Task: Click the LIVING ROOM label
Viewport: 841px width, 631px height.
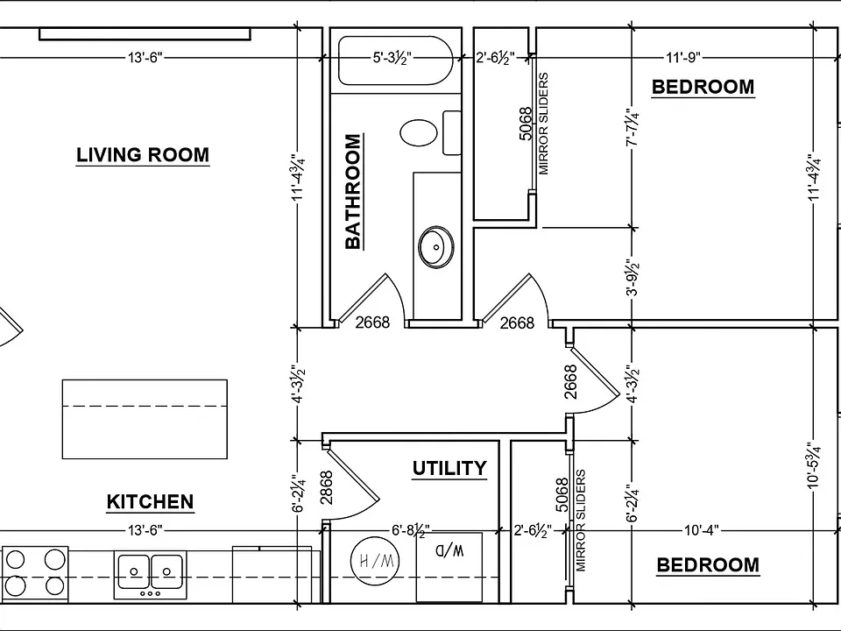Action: (x=143, y=155)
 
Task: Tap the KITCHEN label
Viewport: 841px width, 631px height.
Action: (x=150, y=501)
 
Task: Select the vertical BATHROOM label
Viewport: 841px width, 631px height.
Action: (x=353, y=192)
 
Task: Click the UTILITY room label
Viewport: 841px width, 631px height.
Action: (x=449, y=468)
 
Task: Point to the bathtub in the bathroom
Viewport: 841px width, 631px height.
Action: (x=396, y=60)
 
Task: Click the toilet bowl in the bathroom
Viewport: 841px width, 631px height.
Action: (x=419, y=132)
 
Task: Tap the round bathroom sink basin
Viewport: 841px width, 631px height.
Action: (x=436, y=247)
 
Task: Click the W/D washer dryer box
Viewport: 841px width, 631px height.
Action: (x=449, y=567)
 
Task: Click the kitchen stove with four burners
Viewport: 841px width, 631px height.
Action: (x=34, y=573)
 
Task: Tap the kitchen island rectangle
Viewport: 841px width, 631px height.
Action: (x=145, y=419)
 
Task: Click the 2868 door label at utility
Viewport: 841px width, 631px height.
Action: (x=326, y=487)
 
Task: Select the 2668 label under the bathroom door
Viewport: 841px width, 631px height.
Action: (x=373, y=322)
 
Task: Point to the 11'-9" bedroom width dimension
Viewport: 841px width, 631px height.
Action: (x=683, y=57)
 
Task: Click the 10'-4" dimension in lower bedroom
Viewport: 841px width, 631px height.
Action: (x=702, y=530)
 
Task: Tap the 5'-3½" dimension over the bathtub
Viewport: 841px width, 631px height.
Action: (x=392, y=57)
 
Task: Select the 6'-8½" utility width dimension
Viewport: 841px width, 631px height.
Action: (x=411, y=531)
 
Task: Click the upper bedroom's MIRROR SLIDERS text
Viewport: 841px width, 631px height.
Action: (x=544, y=124)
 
